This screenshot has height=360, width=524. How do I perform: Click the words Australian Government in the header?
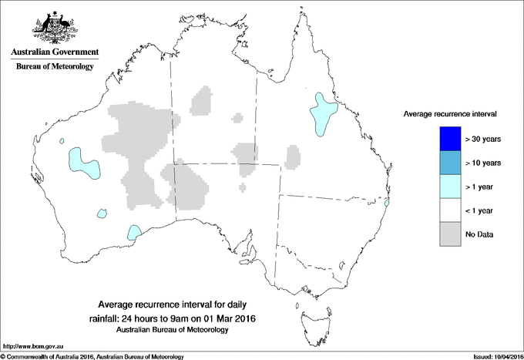54,52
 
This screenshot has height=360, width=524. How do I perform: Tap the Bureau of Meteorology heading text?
54,67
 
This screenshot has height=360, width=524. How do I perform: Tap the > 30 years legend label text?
484,139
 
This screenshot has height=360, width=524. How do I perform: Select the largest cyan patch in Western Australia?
78,160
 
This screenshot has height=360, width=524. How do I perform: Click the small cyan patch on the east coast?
388,203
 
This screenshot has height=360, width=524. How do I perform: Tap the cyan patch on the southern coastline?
135,232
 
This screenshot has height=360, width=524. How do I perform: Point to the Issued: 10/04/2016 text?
493,356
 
